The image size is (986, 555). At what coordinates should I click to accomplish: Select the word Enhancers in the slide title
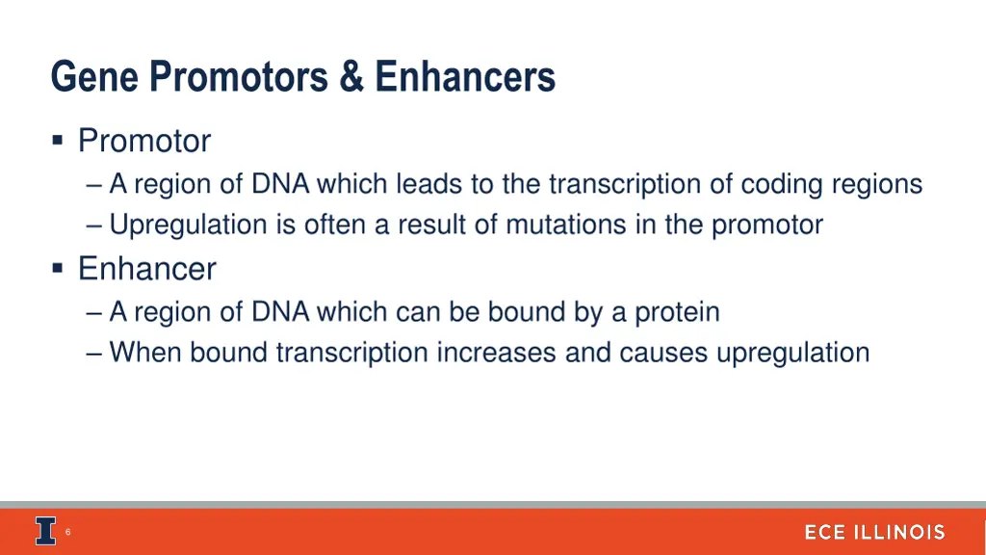(x=465, y=77)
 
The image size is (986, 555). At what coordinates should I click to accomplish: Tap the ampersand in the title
(x=351, y=77)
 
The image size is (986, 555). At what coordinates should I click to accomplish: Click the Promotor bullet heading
(x=144, y=142)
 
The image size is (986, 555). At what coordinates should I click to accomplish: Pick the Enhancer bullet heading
(x=147, y=269)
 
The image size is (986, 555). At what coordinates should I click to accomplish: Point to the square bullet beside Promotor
(x=59, y=142)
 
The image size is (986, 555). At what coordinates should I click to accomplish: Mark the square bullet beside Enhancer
(x=59, y=267)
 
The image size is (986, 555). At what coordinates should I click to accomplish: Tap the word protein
(x=677, y=312)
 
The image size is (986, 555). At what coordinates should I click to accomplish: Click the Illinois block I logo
(x=45, y=532)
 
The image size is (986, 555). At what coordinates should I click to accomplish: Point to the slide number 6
(x=68, y=532)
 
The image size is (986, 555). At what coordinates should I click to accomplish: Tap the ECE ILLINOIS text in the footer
(x=874, y=533)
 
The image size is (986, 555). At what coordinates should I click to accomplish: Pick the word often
(x=336, y=225)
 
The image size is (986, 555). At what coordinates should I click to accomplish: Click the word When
(x=145, y=353)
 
